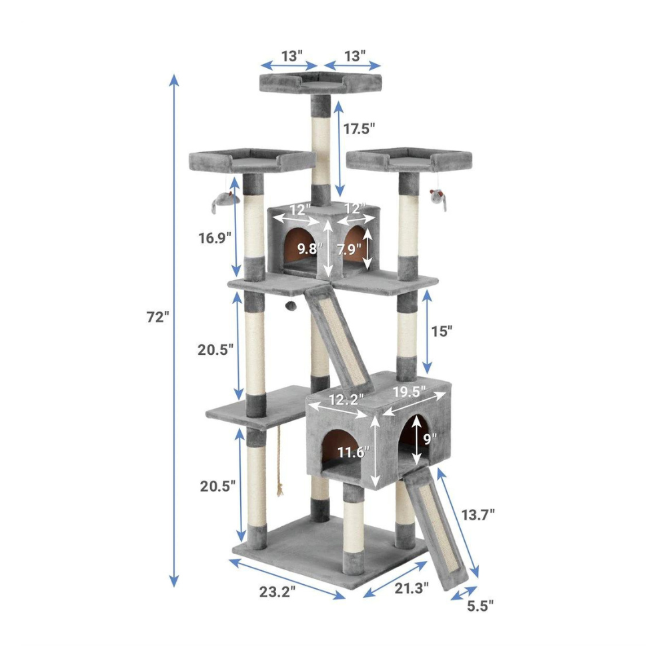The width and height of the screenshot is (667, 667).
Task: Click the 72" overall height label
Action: coord(158,317)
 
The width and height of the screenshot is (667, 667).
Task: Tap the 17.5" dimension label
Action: coord(360,129)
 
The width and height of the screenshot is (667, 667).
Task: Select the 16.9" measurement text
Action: coord(215,238)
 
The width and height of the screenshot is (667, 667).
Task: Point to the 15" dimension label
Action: coord(442,331)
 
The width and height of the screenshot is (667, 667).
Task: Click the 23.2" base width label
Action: coord(277,591)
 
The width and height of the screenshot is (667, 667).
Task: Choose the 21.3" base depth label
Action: coord(412,588)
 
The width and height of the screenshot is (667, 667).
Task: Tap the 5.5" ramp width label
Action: coord(480,606)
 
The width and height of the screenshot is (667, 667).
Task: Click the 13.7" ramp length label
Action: coord(478,515)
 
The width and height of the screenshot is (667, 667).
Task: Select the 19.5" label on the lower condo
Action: coord(409,392)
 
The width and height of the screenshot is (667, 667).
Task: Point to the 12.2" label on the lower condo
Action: coord(347,400)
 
